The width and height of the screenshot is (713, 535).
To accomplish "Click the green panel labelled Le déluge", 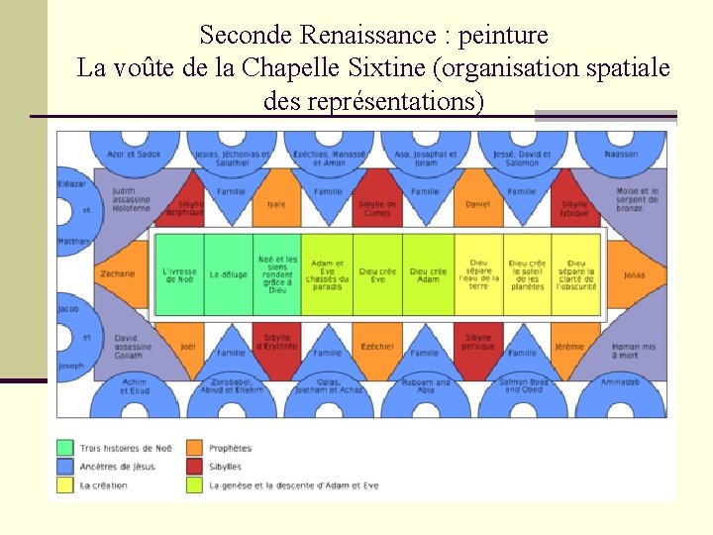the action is tap(228, 274).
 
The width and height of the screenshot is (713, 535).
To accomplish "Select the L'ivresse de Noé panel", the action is tap(179, 274).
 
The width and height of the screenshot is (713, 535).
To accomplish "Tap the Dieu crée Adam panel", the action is tap(428, 274).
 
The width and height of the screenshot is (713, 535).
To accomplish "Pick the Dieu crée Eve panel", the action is tap(377, 274).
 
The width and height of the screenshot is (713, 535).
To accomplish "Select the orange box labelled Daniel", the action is tap(477, 205).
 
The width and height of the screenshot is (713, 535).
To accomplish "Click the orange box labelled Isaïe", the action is tap(276, 205).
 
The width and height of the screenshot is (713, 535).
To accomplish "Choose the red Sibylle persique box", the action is tap(478, 342).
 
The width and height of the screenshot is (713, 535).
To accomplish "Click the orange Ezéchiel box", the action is tap(376, 346).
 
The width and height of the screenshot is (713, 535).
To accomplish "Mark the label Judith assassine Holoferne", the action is tap(131, 199).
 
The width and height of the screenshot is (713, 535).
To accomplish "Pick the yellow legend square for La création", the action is tap(65, 485).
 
